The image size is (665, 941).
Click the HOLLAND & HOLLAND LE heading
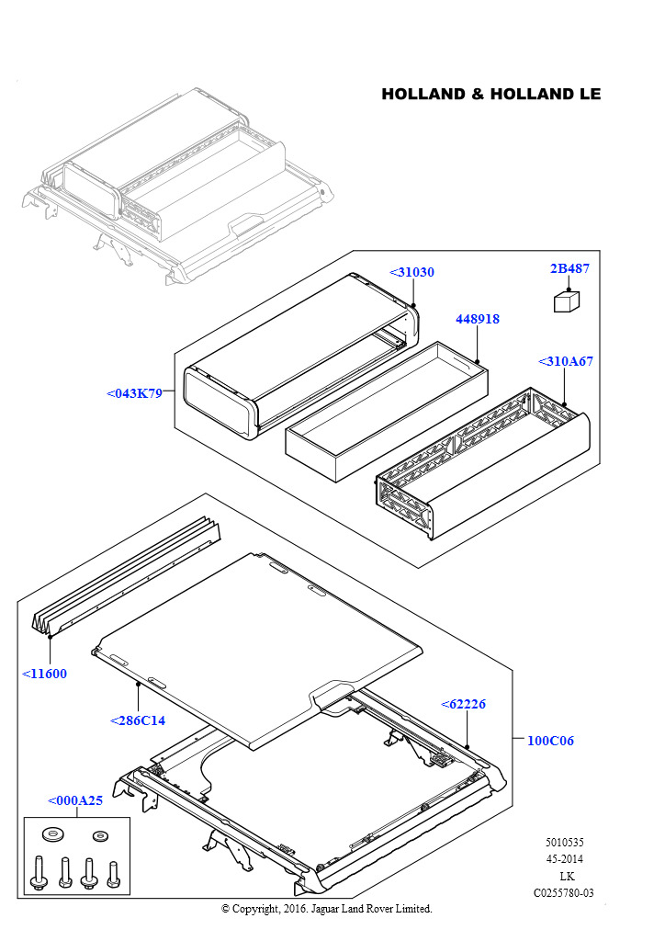(x=490, y=95)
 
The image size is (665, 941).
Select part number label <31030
(x=411, y=272)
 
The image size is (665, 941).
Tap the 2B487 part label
(x=569, y=268)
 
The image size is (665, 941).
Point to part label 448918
(x=478, y=319)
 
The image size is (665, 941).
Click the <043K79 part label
(x=134, y=393)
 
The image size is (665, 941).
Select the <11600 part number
(x=44, y=674)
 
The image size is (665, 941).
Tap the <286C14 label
(x=137, y=720)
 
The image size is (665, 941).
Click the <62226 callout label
(x=463, y=704)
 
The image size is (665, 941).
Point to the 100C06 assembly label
(x=550, y=741)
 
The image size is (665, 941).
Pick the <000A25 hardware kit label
(x=75, y=800)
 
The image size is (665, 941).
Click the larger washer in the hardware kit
(x=51, y=835)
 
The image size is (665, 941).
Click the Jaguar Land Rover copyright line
(x=326, y=909)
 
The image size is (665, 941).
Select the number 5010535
(x=564, y=843)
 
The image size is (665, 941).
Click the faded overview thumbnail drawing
(x=175, y=184)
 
